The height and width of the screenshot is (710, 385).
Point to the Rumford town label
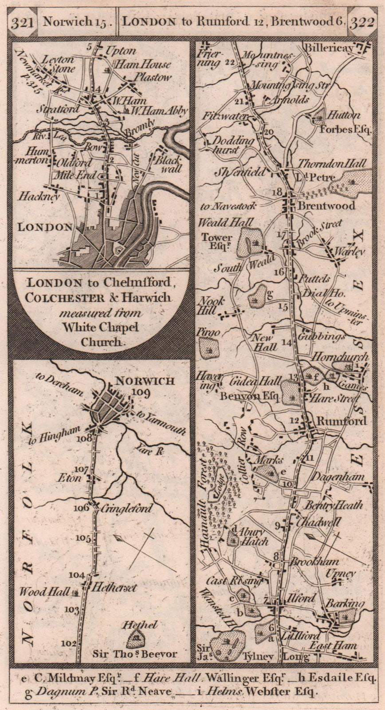[341, 421]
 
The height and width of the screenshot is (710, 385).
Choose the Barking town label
[345, 604]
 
